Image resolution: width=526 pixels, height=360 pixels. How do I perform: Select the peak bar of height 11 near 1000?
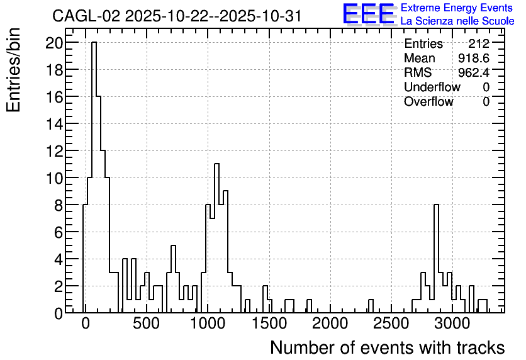(216, 238)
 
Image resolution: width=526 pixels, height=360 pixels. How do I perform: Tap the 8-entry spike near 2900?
(436, 258)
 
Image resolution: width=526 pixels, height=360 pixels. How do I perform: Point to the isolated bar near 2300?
(371, 306)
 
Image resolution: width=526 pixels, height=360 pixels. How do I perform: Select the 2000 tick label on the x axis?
(330, 323)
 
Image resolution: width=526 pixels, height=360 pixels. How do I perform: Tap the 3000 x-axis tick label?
(452, 323)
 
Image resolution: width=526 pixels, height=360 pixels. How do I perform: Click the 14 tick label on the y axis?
(53, 124)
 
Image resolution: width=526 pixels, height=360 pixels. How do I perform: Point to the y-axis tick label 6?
(58, 232)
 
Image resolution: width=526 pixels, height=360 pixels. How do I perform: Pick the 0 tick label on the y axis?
(58, 313)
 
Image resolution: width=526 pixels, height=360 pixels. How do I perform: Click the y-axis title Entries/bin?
(13, 70)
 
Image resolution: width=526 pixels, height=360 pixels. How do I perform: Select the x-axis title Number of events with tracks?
(388, 347)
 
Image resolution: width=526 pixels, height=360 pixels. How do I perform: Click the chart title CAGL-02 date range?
(177, 16)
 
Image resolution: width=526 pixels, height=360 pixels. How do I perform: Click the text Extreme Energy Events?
(457, 8)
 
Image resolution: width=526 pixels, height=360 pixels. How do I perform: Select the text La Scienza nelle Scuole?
(457, 21)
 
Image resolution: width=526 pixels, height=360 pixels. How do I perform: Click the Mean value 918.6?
(474, 58)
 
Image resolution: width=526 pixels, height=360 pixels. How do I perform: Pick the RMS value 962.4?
(474, 72)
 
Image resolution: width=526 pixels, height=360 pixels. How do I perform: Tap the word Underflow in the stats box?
(432, 87)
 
